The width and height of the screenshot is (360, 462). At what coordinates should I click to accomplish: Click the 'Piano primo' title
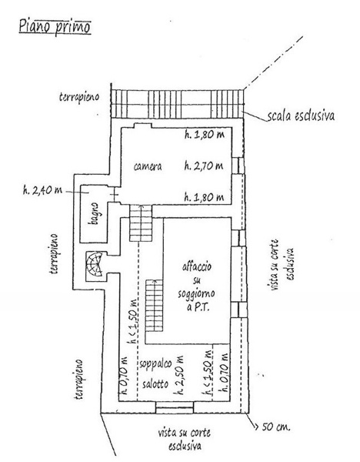(x=55, y=27)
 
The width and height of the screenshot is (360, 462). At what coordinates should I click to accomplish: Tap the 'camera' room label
(x=148, y=166)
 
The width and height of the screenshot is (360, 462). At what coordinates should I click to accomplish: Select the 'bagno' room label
(x=94, y=213)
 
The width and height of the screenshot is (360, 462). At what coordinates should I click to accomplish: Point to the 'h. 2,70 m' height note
(x=204, y=166)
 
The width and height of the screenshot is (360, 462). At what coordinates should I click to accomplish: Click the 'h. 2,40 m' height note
(x=42, y=190)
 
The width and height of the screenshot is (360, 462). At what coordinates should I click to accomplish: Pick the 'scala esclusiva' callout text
(x=301, y=115)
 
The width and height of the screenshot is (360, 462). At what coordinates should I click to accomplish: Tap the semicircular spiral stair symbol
(x=95, y=263)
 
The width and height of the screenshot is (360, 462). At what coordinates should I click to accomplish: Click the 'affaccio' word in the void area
(x=197, y=267)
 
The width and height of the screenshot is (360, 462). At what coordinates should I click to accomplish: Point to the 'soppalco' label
(x=155, y=364)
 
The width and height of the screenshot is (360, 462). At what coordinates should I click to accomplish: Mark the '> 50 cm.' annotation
(x=272, y=427)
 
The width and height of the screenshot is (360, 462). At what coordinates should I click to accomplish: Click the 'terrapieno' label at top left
(x=79, y=97)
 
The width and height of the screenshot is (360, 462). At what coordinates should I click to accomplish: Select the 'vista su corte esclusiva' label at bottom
(x=185, y=439)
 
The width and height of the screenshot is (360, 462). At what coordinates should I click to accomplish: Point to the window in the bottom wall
(x=175, y=407)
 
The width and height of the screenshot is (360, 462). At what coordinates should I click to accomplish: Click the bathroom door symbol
(x=115, y=195)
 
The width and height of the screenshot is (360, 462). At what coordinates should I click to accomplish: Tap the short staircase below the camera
(x=141, y=223)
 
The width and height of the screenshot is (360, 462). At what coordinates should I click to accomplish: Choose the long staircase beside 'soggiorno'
(x=155, y=306)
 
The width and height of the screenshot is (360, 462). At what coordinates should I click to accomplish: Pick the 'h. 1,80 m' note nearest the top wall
(x=205, y=135)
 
